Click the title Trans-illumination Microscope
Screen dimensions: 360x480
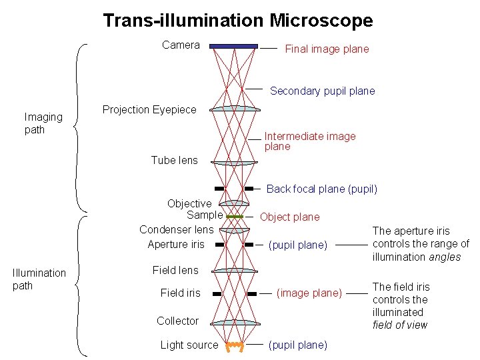click(x=238, y=21)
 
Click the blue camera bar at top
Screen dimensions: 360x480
click(x=233, y=46)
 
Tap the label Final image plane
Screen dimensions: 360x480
click(x=327, y=49)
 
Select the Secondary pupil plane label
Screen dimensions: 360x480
click(x=322, y=91)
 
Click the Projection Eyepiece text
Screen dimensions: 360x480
click(x=149, y=109)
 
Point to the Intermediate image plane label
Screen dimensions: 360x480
click(x=310, y=141)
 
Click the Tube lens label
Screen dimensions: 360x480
click(x=174, y=160)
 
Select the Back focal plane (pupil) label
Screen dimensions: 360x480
click(x=321, y=189)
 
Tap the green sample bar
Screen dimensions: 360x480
click(x=234, y=217)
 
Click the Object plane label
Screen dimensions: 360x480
click(x=289, y=217)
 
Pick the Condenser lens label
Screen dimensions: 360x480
click(x=177, y=229)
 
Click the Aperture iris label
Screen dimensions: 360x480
click(x=176, y=244)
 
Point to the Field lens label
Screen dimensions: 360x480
click(x=175, y=270)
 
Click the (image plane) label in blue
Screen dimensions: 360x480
click(x=309, y=293)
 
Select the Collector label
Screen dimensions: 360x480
click(x=177, y=321)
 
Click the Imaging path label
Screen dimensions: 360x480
click(x=43, y=123)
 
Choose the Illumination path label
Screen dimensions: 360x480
click(x=39, y=279)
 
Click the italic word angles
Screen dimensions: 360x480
click(x=444, y=257)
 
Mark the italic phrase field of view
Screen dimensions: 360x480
click(x=400, y=325)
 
